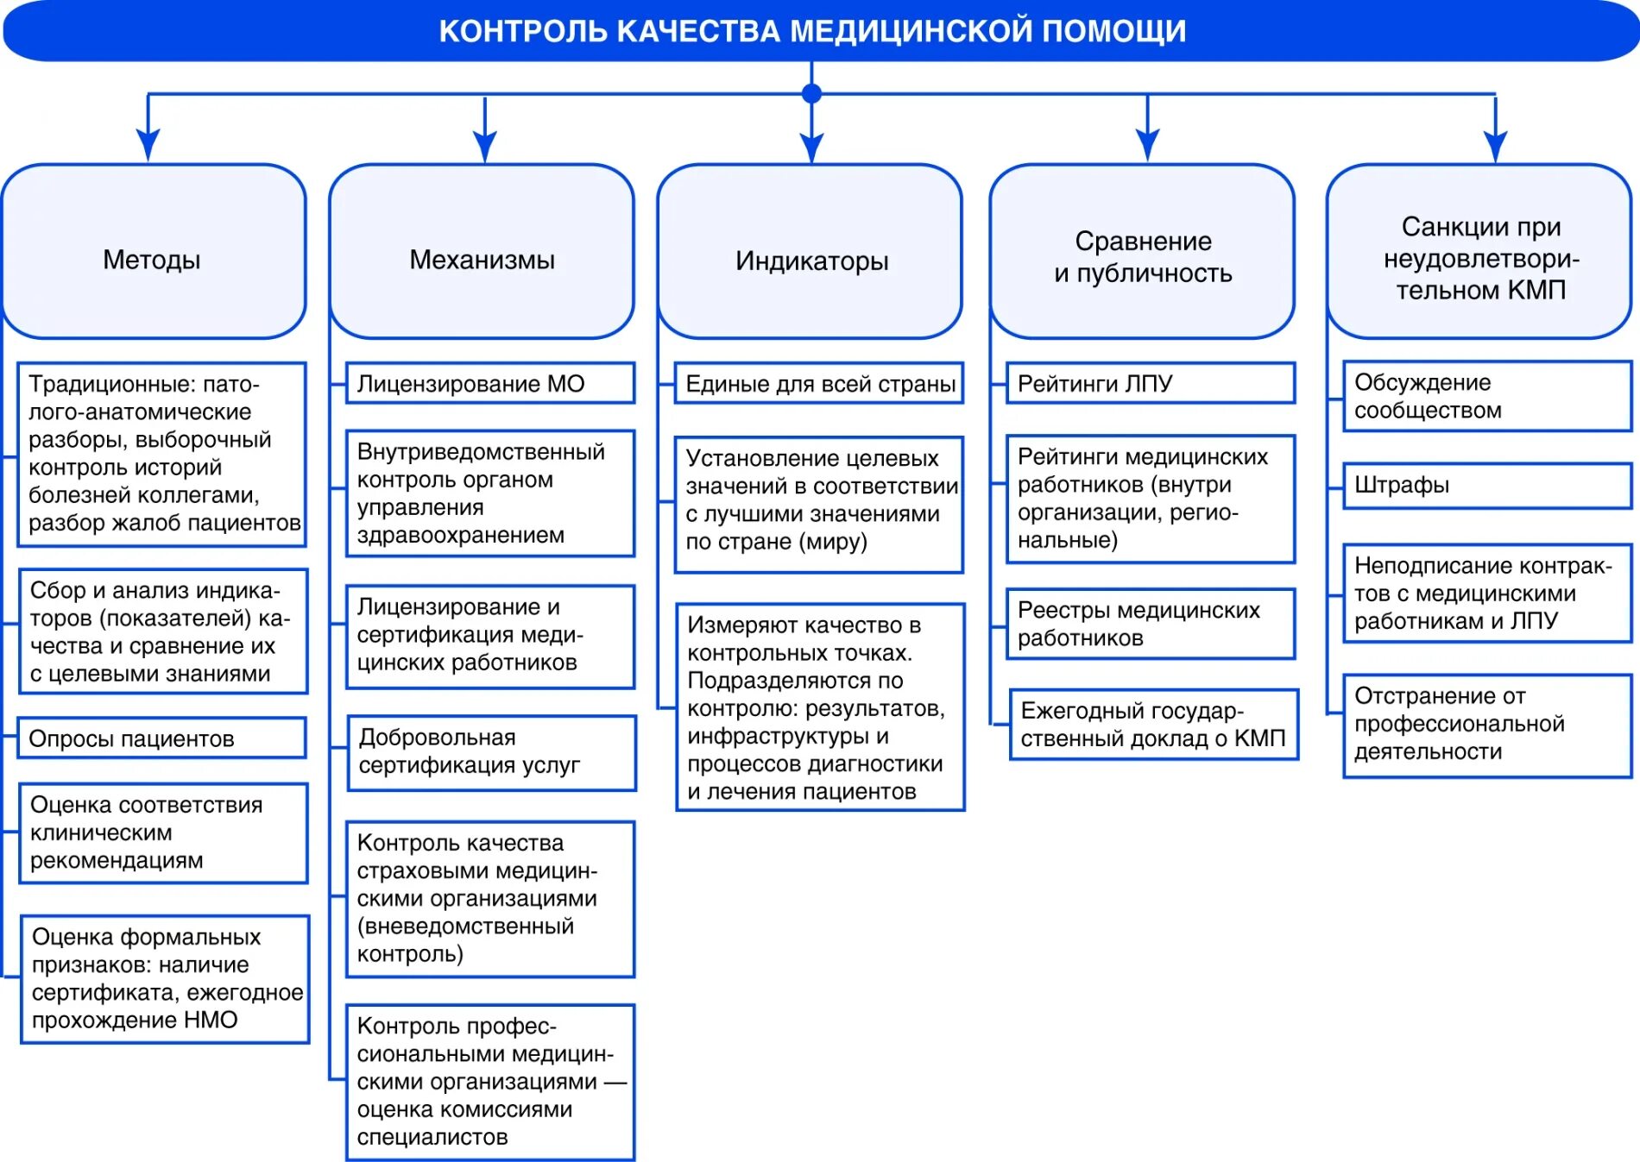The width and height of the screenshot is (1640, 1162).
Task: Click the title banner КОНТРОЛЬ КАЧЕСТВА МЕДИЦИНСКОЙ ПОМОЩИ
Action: pos(811,31)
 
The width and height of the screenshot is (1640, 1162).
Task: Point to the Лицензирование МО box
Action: pos(489,383)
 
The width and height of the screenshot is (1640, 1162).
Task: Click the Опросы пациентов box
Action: pos(161,738)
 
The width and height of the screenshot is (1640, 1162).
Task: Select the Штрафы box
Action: pos(1486,485)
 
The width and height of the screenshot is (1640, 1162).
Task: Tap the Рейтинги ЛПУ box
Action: pos(1151,383)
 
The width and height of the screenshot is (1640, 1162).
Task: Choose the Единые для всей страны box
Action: pos(818,383)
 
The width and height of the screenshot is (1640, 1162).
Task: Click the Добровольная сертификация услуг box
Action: pos(491,752)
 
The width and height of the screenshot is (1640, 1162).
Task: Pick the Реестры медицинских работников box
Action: pos(1151,624)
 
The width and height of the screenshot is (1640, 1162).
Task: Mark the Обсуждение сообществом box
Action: pos(1486,396)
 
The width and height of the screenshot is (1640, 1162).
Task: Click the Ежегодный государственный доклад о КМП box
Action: pos(1153,725)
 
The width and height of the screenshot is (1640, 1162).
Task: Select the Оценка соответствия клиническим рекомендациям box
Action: pos(163,832)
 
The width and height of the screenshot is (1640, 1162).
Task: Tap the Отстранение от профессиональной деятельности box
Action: pos(1486,725)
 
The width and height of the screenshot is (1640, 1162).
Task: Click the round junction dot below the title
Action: pos(811,93)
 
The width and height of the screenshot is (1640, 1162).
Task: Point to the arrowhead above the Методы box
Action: pos(148,144)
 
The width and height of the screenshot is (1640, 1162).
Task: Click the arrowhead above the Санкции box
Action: pos(1495,145)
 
